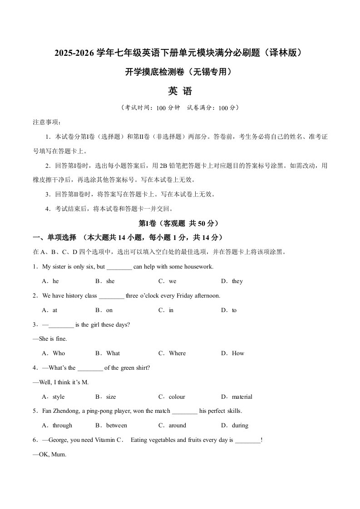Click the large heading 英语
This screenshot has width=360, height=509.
click(x=180, y=91)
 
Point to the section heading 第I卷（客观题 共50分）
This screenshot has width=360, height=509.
click(x=180, y=224)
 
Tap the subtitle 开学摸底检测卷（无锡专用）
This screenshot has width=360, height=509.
click(x=180, y=72)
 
